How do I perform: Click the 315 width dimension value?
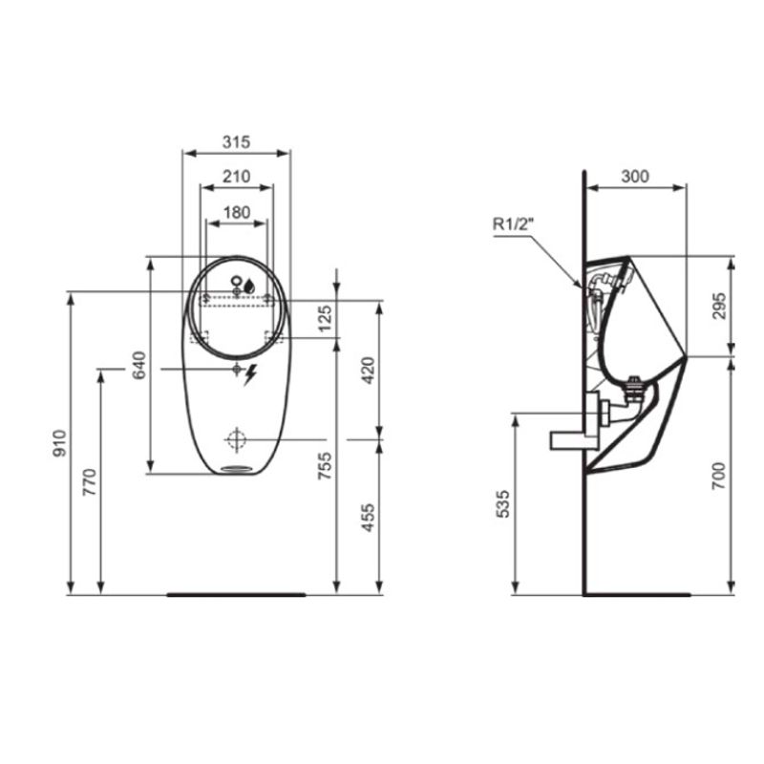(236, 141)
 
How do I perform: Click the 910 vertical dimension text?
(59, 442)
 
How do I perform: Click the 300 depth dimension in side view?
(634, 177)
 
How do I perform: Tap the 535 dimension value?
(503, 503)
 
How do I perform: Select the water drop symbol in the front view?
(248, 284)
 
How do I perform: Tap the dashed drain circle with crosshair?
(236, 439)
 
